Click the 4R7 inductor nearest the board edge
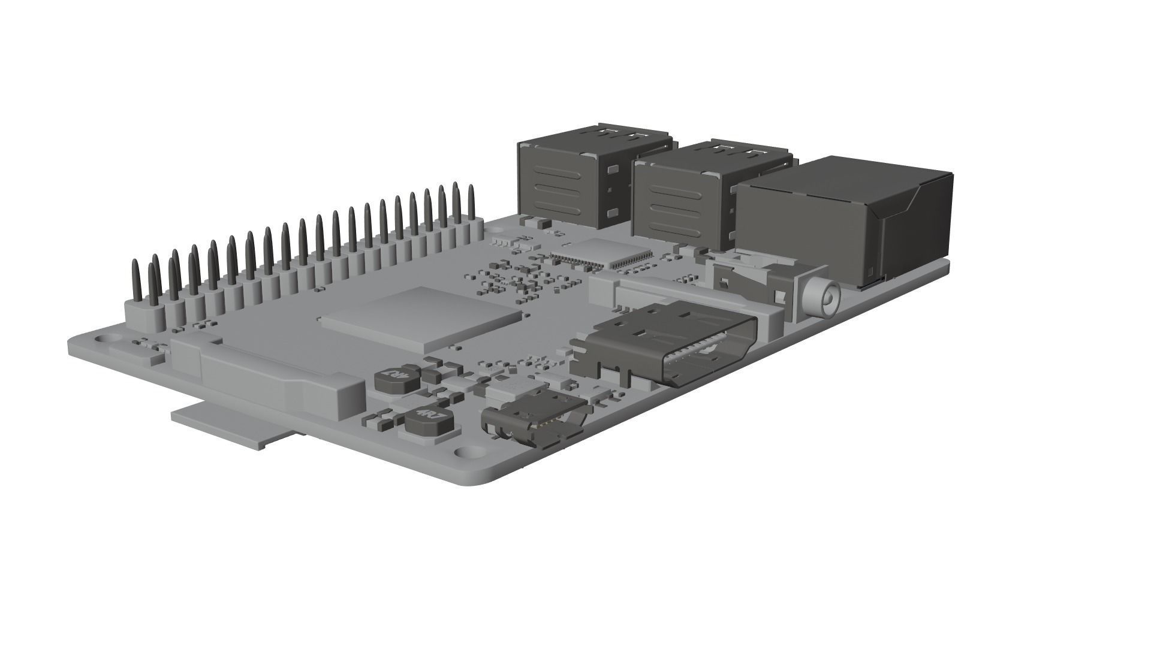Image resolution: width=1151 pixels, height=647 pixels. click(x=426, y=421)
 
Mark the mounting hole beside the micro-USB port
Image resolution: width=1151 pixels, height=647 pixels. click(x=465, y=453)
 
